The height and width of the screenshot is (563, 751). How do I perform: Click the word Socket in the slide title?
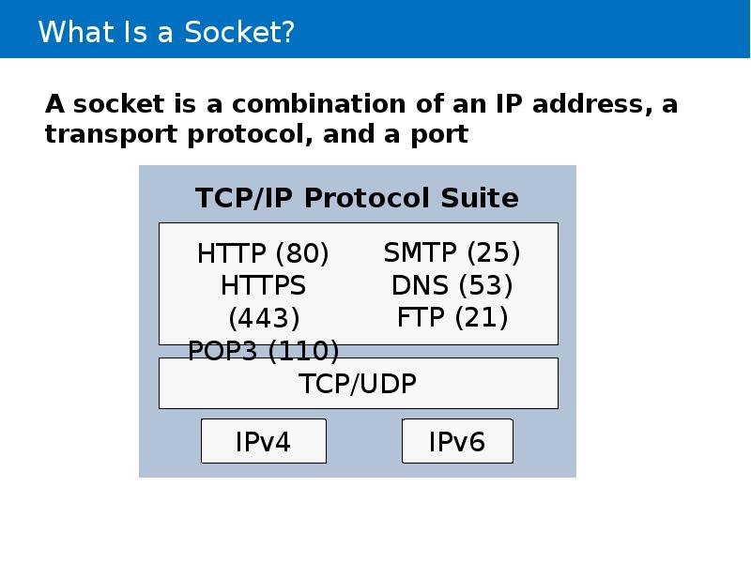tap(234, 32)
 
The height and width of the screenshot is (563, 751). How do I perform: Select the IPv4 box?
tap(264, 441)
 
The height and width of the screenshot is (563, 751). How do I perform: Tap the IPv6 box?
tap(457, 441)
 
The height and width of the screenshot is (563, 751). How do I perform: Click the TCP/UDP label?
tap(358, 384)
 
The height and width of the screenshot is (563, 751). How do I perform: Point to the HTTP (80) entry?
tap(263, 253)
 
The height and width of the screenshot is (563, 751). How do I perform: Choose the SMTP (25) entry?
tap(452, 252)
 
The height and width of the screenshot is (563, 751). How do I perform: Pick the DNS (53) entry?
tap(452, 285)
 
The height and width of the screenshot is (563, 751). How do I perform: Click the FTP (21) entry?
tap(452, 317)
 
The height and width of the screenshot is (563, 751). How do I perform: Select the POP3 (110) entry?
tap(264, 351)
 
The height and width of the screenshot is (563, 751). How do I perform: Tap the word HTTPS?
tap(263, 286)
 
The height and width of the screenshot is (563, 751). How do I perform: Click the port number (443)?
tap(264, 318)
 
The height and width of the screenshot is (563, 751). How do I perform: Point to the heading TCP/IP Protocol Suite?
tap(357, 198)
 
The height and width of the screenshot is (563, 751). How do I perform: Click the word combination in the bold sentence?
tap(318, 104)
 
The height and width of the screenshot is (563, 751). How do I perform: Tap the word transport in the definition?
tap(111, 134)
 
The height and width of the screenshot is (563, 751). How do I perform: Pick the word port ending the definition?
tap(439, 135)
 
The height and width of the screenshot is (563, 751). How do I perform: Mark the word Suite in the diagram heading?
tap(480, 198)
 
